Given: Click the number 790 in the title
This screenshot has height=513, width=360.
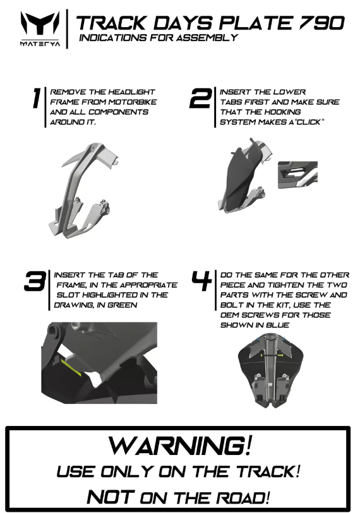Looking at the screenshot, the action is tap(321, 23).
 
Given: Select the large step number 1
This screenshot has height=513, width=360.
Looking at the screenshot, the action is tap(37, 98).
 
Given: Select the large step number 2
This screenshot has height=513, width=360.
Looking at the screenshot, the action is tap(201, 98).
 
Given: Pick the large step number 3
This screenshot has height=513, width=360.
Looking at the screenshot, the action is tap(35, 281).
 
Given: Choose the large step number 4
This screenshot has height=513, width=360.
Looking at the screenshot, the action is tap(201, 281).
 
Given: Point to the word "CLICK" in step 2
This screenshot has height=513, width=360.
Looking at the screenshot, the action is tap(308, 122).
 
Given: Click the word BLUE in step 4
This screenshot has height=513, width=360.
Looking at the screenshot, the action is tap(277, 325).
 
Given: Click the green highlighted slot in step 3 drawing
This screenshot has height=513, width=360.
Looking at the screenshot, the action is tap(71, 367).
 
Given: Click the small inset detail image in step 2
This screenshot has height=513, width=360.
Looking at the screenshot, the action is tap(297, 175).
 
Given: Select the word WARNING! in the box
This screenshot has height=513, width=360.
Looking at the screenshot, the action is tap(180, 445).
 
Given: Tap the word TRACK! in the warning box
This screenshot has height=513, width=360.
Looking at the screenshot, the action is tap(268, 471).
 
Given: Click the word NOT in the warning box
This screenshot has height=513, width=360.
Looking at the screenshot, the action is tap(111, 497).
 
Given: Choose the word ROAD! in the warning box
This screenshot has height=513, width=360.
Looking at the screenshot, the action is tap(243, 498).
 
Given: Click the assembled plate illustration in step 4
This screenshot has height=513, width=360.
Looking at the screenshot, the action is tap(270, 370).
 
